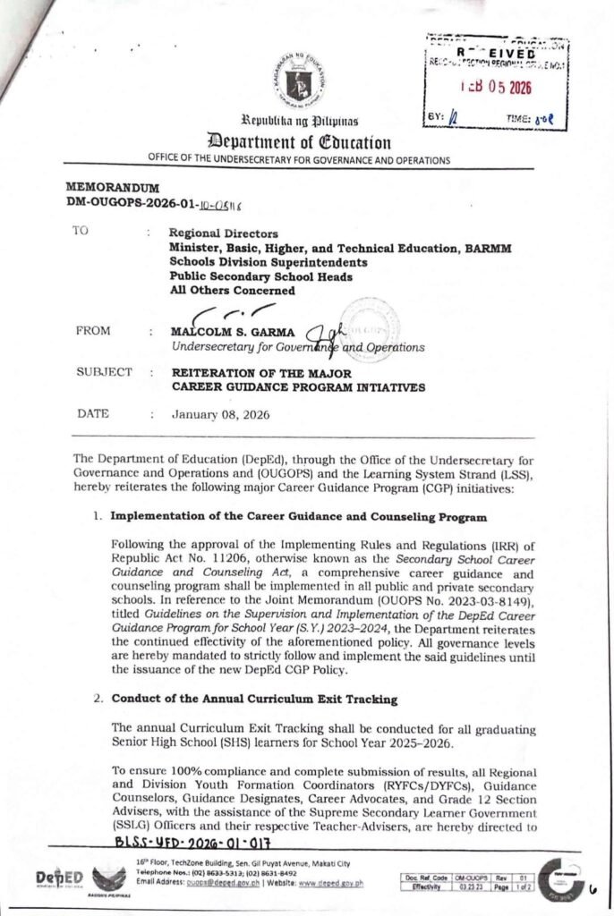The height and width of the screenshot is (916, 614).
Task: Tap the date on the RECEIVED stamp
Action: pyautogui.click(x=494, y=89)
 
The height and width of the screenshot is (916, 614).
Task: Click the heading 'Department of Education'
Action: pyautogui.click(x=300, y=141)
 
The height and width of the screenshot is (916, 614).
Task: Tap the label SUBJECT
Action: pyautogui.click(x=103, y=372)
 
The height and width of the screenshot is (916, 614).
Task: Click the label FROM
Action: pyautogui.click(x=94, y=331)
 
